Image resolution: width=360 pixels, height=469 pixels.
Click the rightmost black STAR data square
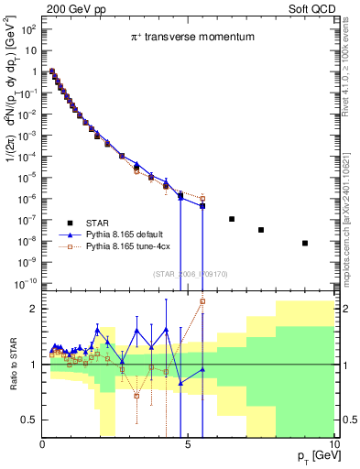[305, 243]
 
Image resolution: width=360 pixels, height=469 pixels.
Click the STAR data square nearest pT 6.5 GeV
[232, 219]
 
